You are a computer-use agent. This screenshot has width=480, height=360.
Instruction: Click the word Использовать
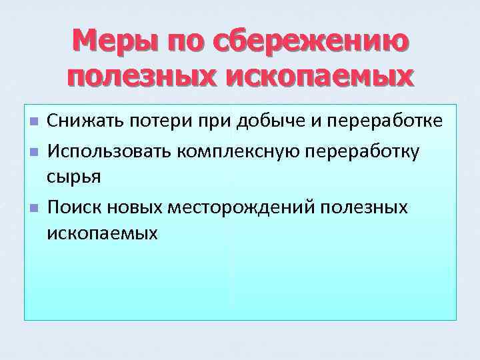point(109,151)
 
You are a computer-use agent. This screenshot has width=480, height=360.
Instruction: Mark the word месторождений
point(245,207)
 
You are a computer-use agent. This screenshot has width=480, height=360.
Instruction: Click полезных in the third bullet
point(364,207)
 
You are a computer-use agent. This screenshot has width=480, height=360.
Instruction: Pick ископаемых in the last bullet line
point(103,233)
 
